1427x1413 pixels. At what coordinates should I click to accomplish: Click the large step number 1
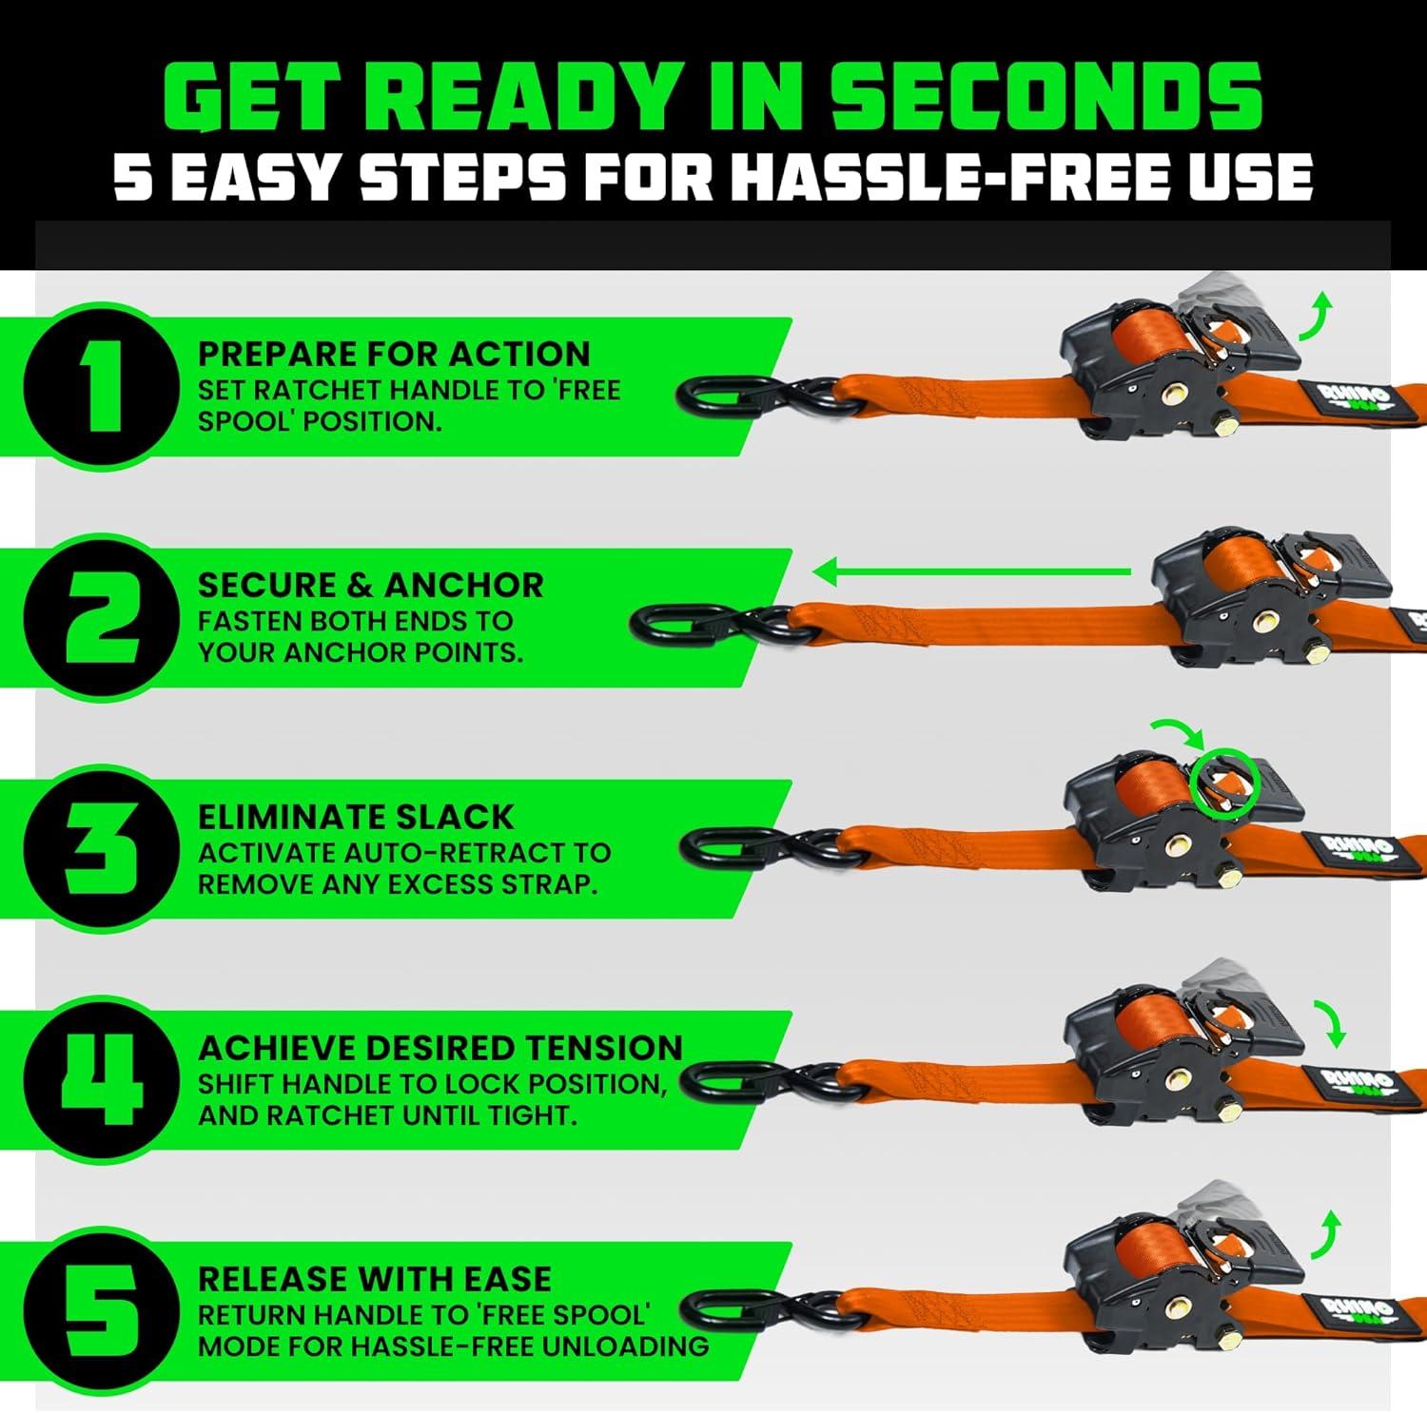coord(102,385)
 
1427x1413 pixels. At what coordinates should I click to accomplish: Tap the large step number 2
coord(102,616)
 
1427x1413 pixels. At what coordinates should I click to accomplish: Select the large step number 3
coord(102,848)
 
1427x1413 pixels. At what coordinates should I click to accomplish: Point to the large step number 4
coord(102,1079)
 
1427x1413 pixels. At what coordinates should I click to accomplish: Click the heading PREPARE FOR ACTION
coord(394,354)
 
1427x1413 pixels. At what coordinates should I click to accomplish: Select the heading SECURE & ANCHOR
coord(370,585)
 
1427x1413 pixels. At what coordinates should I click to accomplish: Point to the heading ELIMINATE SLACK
coord(356,817)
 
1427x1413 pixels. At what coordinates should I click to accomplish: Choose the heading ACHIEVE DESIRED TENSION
coord(440,1048)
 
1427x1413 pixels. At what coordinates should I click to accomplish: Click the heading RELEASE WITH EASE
coord(375,1279)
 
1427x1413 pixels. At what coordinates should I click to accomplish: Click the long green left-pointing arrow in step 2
coord(971,572)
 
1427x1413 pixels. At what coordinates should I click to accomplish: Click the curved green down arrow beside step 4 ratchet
coord(1332,1023)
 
